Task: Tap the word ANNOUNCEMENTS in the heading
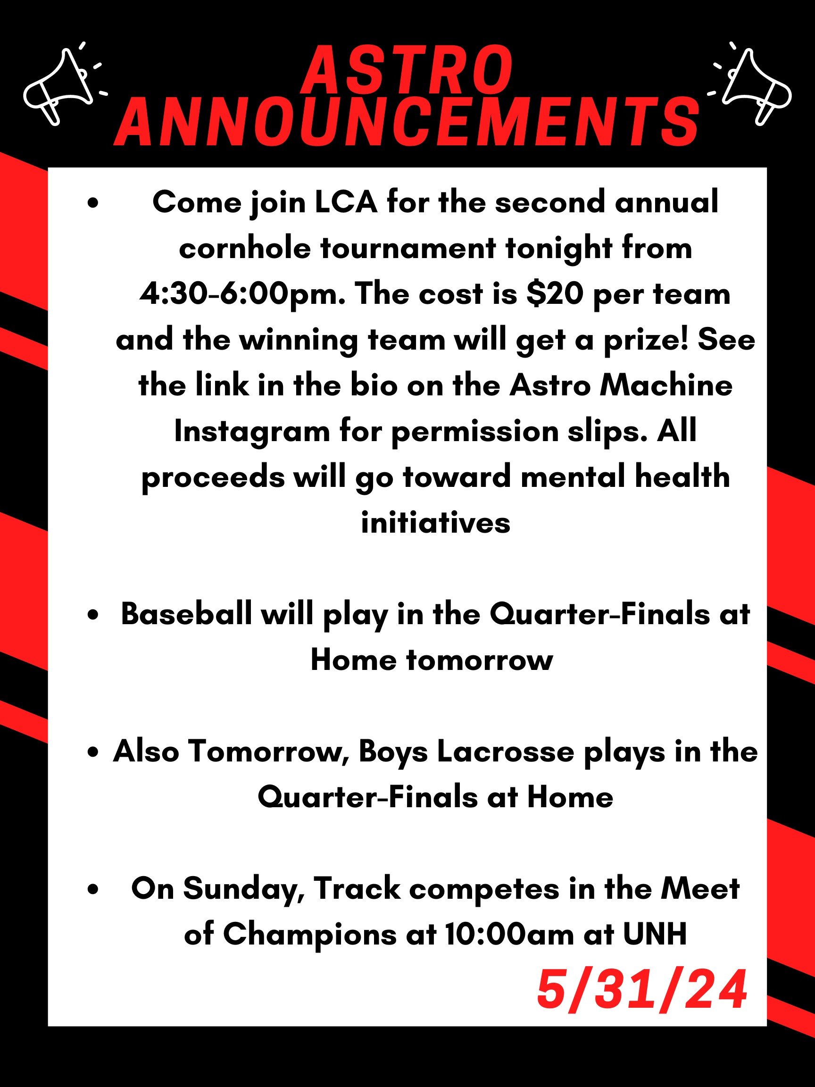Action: point(407,121)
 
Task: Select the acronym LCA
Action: point(346,202)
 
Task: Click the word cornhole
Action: point(245,249)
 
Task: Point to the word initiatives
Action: point(436,522)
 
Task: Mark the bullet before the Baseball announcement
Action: point(92,616)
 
